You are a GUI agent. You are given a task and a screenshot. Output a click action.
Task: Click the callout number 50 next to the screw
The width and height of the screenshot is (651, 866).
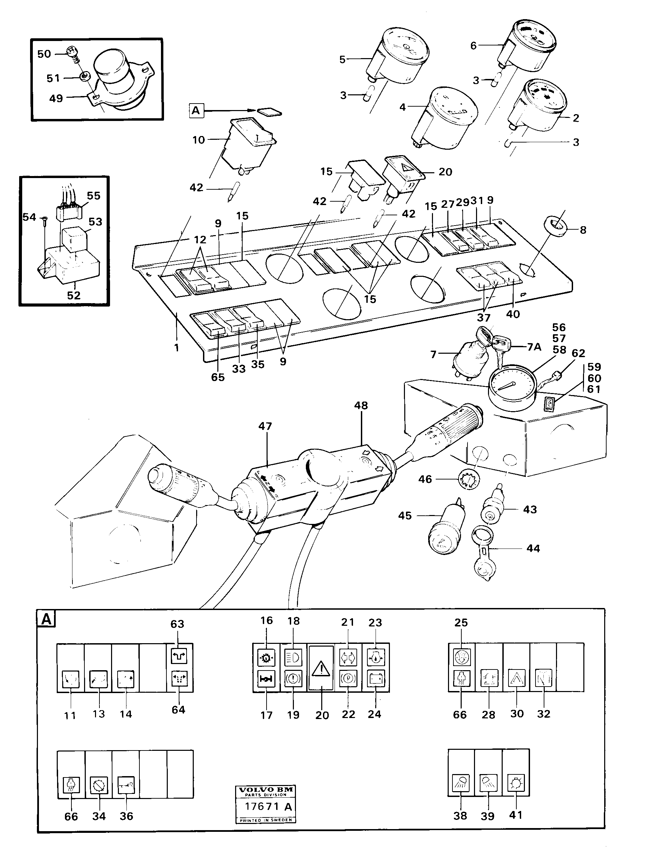tap(44, 54)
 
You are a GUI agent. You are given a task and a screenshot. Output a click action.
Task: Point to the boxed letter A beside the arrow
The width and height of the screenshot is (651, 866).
tap(195, 111)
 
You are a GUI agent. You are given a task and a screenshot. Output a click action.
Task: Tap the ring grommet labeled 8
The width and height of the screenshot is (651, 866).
tap(556, 227)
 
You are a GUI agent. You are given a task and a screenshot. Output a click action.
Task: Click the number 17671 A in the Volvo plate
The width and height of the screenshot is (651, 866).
tap(268, 807)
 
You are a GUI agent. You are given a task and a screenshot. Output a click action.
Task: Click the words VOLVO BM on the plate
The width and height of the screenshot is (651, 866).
tap(266, 790)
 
